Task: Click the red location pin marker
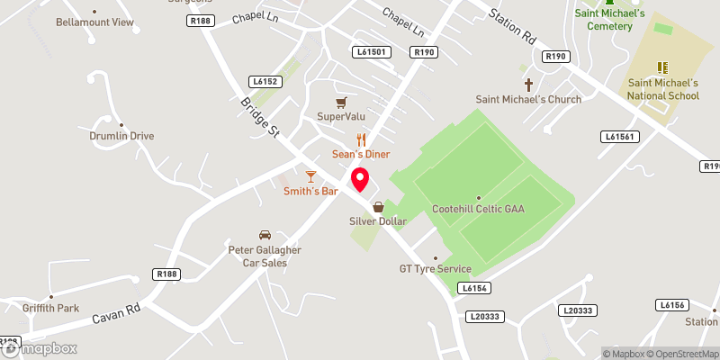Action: pos(361,179)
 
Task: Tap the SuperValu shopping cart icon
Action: pos(340,102)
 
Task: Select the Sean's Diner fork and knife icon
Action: pos(361,139)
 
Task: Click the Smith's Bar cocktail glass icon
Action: pos(310,175)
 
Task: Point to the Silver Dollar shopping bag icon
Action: pos(379,206)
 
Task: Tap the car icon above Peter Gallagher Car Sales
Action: pos(264,234)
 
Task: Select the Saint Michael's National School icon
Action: pos(663,67)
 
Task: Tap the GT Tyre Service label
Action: pos(436,269)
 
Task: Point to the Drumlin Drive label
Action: pos(121,136)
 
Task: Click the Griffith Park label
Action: pos(51,308)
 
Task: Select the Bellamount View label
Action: pos(94,21)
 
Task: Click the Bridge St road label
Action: pos(260,117)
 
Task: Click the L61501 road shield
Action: pos(371,52)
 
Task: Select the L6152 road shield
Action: pos(266,82)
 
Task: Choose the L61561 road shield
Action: pos(619,136)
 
